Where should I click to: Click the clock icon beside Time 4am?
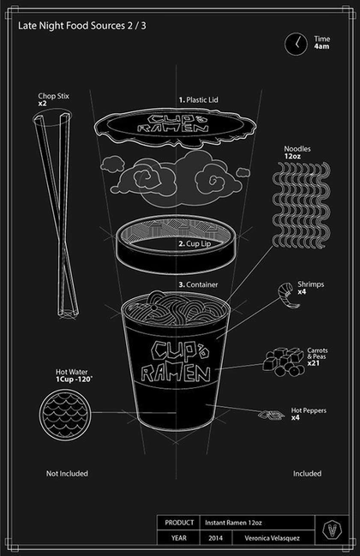296,44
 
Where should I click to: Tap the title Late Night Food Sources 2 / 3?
82,26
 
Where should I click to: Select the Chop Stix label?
53,96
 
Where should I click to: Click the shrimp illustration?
288,295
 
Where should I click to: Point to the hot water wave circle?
65,416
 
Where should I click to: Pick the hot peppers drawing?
271,414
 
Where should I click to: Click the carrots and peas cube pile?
284,362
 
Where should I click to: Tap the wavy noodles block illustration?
301,205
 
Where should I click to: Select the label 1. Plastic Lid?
198,100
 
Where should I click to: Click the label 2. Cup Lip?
195,244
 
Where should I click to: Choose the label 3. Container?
198,284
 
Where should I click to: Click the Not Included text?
67,474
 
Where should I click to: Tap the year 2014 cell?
216,538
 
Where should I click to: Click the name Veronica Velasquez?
272,538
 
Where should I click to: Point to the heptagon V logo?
332,530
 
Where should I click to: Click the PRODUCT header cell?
179,523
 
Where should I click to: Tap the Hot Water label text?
71,372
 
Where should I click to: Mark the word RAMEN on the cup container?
176,374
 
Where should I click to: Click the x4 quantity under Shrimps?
302,292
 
